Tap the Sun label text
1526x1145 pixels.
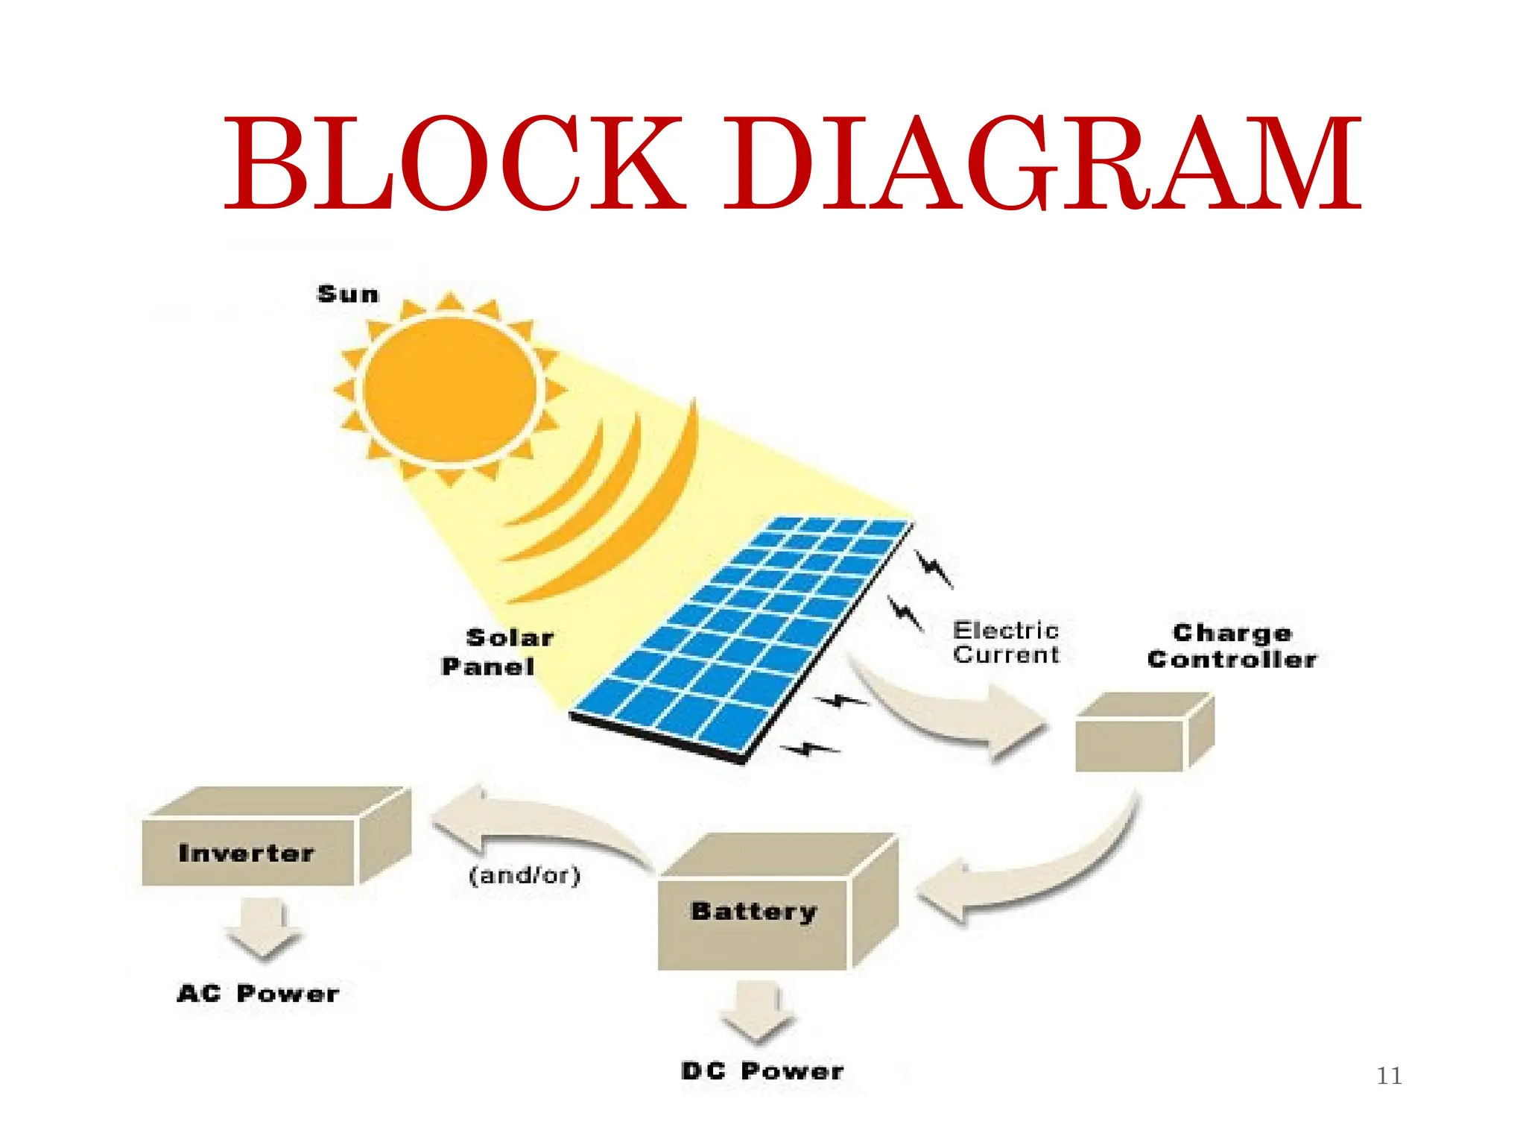pyautogui.click(x=348, y=294)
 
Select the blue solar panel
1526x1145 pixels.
pyautogui.click(x=745, y=634)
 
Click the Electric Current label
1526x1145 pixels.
pyautogui.click(x=1006, y=643)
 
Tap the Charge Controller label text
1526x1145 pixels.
pyautogui.click(x=1232, y=646)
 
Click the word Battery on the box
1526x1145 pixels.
pyautogui.click(x=754, y=911)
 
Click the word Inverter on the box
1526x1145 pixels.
pyautogui.click(x=247, y=853)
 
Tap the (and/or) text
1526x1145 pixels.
pyautogui.click(x=525, y=874)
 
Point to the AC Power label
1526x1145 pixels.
pyautogui.click(x=258, y=994)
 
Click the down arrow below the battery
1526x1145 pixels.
pyautogui.click(x=756, y=1010)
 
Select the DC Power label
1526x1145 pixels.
pyautogui.click(x=762, y=1071)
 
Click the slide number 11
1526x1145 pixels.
pyautogui.click(x=1389, y=1076)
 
